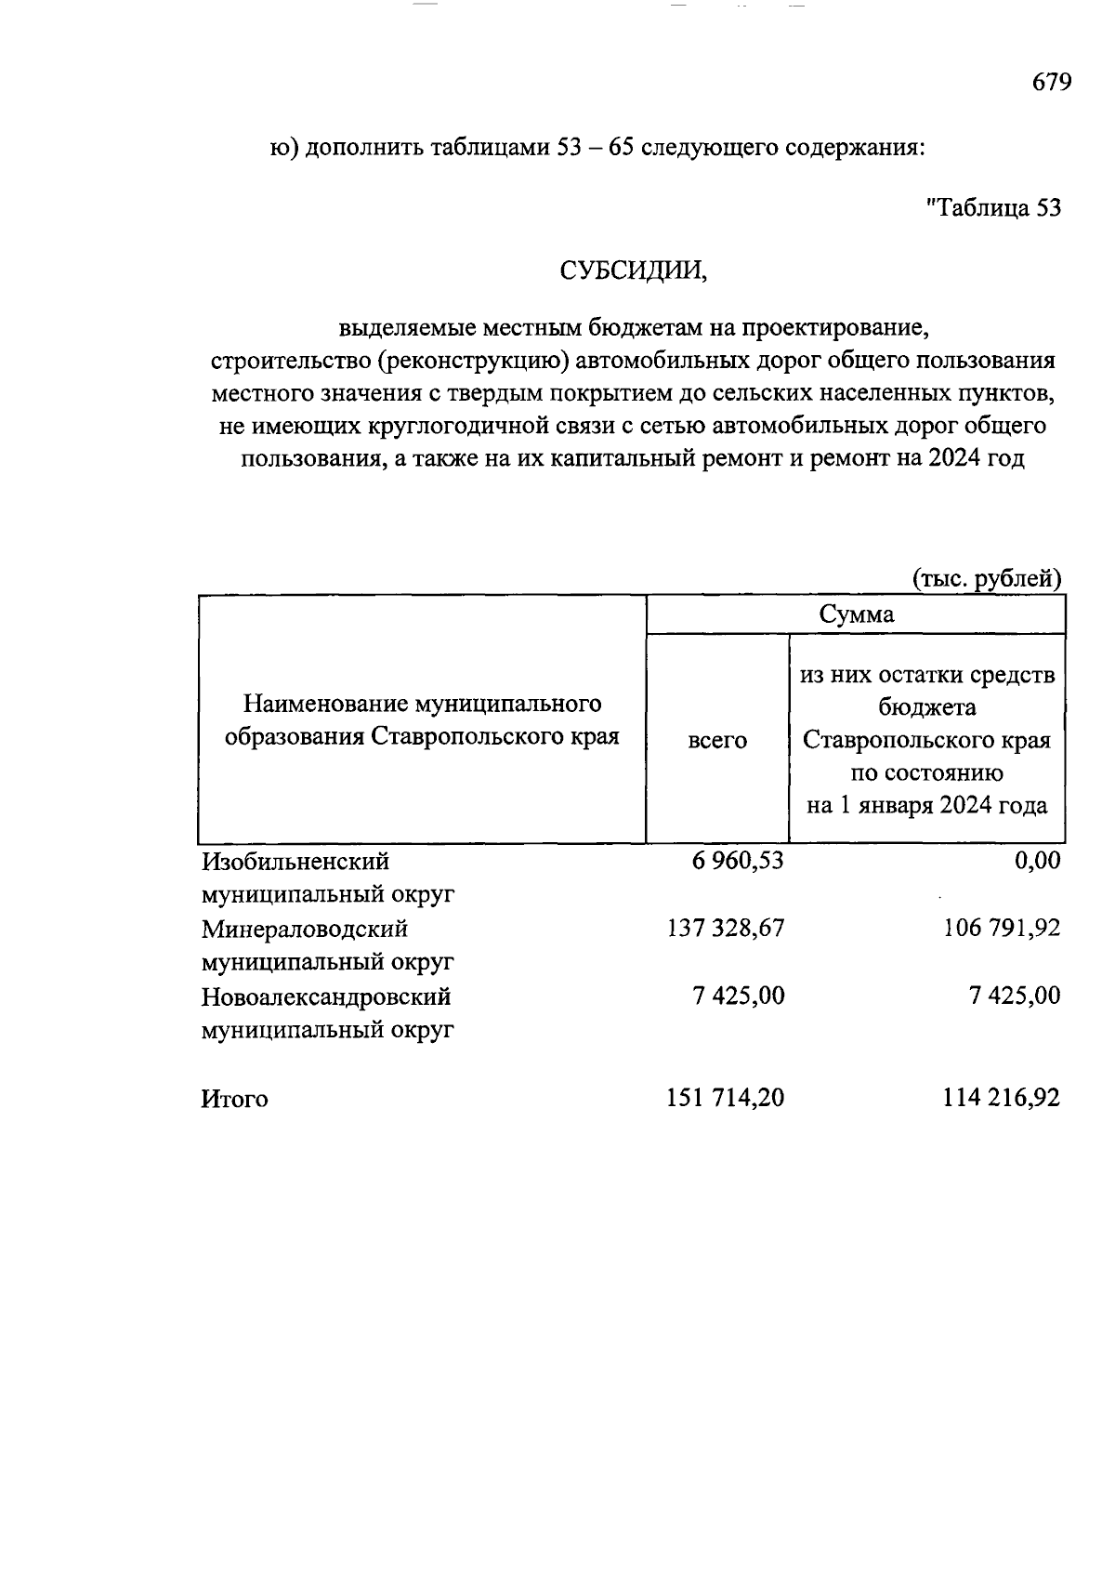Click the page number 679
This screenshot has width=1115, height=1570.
(1052, 83)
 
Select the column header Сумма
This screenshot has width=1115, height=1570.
(856, 614)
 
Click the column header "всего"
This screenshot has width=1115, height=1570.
(716, 740)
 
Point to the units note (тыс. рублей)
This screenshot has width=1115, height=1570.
(987, 579)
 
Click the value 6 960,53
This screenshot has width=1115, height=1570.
(738, 861)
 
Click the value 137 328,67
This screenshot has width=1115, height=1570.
(725, 928)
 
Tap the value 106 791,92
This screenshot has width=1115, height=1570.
(1001, 928)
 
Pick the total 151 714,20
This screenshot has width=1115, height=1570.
(725, 1098)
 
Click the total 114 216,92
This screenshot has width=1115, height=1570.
(1001, 1098)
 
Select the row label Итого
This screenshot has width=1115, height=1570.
(234, 1100)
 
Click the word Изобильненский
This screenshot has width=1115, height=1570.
(295, 862)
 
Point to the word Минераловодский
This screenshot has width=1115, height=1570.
(305, 929)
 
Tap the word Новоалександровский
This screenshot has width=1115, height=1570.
(326, 996)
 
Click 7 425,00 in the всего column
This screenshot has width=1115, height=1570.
(738, 996)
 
